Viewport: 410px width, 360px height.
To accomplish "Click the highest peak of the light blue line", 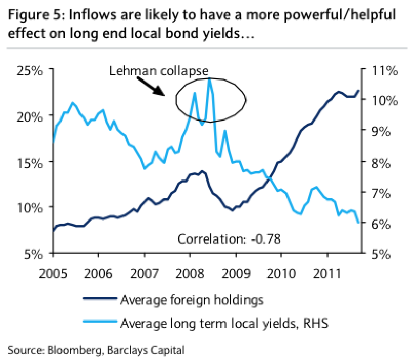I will [210, 78].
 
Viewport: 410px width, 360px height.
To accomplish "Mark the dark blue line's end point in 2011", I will [358, 91].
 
